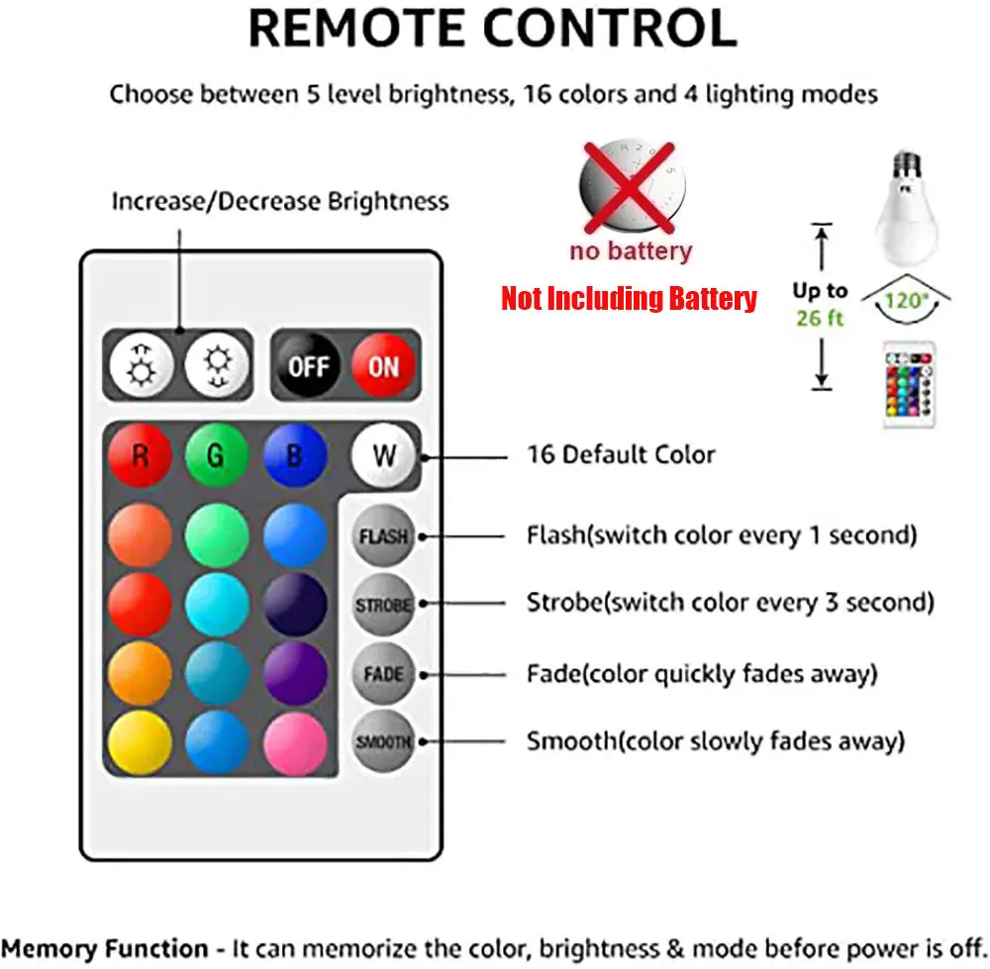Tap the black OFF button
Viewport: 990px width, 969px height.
click(309, 365)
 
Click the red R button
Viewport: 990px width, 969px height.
click(140, 455)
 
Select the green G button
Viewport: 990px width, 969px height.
click(217, 455)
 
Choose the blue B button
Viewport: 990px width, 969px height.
click(295, 455)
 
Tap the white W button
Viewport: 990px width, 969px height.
click(384, 455)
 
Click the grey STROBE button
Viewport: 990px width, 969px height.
click(383, 605)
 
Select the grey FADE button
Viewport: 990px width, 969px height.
click(383, 674)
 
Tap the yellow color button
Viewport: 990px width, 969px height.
click(140, 742)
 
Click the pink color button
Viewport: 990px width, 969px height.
click(295, 742)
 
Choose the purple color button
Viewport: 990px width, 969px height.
click(295, 674)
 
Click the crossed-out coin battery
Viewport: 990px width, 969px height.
click(632, 187)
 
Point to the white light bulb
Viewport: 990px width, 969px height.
click(907, 208)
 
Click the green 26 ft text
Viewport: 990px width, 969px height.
click(820, 318)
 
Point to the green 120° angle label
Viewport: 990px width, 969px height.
click(907, 301)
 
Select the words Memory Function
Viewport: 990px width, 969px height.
click(105, 949)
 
